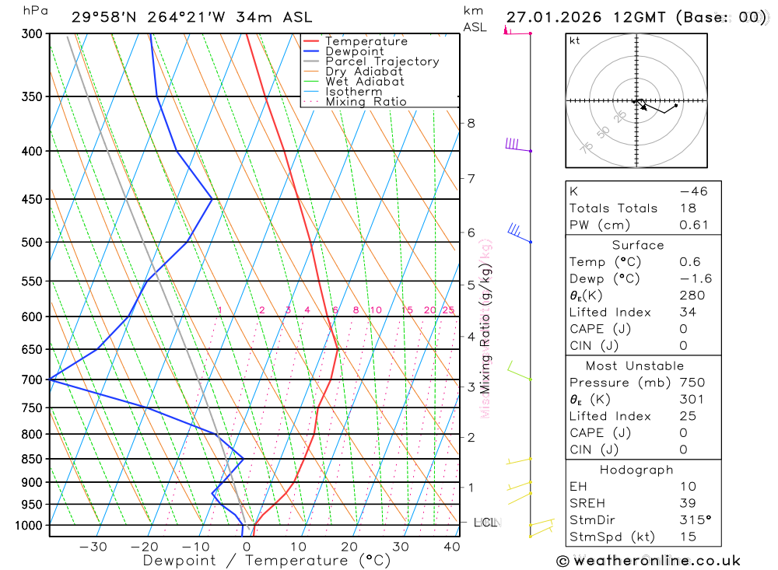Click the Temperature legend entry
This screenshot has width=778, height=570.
coord(366,41)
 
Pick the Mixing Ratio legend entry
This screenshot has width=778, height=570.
coord(366,102)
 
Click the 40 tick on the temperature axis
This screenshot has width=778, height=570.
coord(451,547)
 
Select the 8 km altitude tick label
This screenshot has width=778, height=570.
coord(471,123)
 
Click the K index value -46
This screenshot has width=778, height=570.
coord(693,191)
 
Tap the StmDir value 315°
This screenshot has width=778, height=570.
coord(696,520)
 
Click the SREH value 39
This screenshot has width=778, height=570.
coord(687,503)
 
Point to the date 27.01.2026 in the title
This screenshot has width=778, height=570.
coord(548,17)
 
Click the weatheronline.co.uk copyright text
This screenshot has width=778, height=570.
coord(648,561)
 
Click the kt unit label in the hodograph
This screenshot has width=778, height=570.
coord(575,40)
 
